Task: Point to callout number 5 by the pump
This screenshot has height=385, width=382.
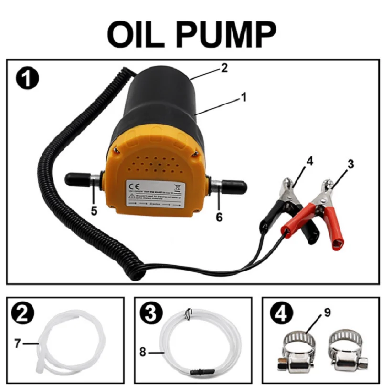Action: pos(94,210)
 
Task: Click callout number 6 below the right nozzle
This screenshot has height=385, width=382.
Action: pos(219,217)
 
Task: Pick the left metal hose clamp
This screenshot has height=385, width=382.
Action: pos(295,353)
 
